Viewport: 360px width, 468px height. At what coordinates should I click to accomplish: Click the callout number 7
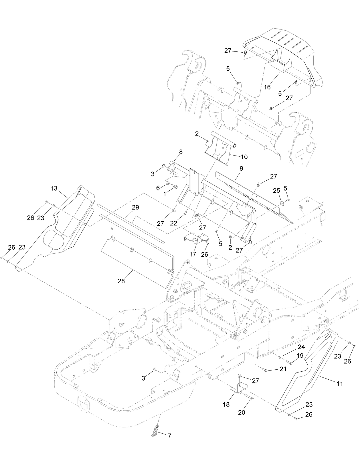point(169,436)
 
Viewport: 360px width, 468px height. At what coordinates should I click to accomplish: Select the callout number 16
point(267,87)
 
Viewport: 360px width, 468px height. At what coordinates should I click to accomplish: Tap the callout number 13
point(54,188)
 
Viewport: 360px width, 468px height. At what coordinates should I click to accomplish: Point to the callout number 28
point(121,281)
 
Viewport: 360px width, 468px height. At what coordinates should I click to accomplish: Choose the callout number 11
point(340,384)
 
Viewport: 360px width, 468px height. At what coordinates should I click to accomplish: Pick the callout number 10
point(244,157)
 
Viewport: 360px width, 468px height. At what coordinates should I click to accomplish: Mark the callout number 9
point(241,168)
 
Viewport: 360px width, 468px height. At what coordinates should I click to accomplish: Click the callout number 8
point(181,152)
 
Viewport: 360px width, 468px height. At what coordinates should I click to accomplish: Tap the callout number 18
point(226,405)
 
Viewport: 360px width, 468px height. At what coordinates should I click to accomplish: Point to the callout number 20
point(242,413)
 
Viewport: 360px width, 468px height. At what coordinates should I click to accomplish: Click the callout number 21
point(283,369)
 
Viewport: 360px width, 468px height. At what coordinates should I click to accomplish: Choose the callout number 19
point(300,356)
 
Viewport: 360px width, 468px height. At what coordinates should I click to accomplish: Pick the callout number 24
point(301,347)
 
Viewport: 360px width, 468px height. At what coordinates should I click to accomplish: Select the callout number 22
point(173,223)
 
